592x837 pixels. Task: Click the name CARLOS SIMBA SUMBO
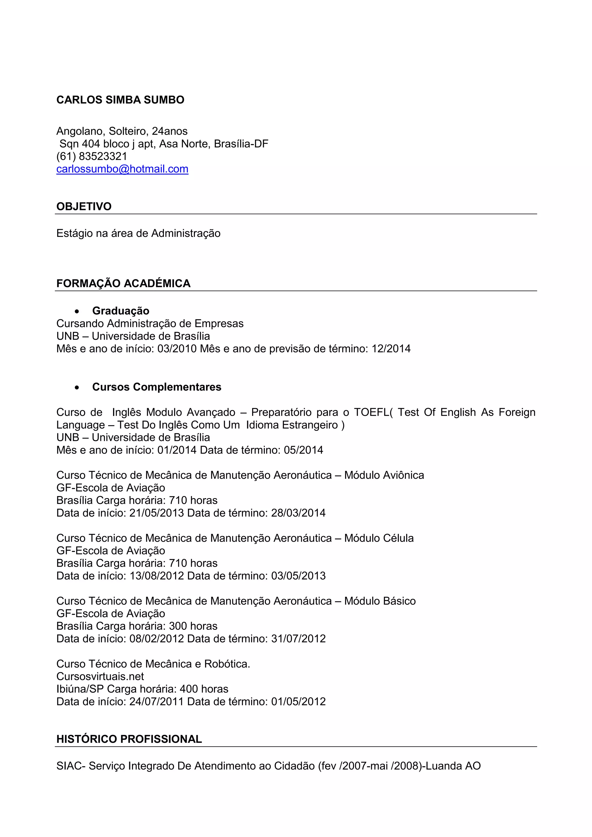point(120,100)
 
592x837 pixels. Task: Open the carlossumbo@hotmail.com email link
point(122,169)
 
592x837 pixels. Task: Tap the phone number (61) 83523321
point(92,156)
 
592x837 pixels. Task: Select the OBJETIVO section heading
point(84,206)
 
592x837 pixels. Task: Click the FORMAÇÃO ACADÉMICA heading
point(123,283)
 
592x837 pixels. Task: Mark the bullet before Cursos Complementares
point(77,387)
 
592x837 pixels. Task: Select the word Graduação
point(121,311)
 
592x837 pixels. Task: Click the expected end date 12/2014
point(391,349)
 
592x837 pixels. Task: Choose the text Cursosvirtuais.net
point(100,677)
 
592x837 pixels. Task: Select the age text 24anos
point(170,131)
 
